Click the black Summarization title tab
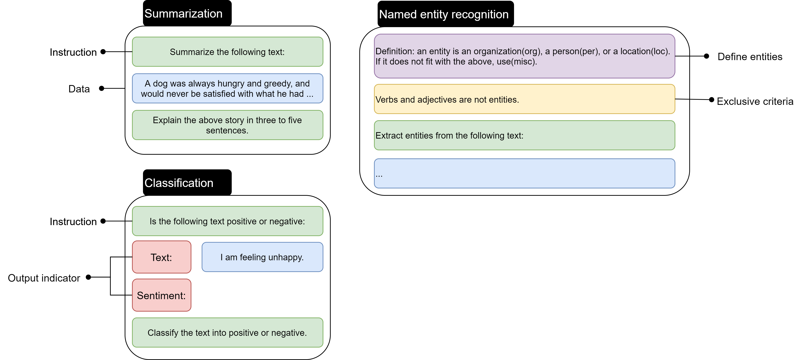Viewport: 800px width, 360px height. (x=187, y=13)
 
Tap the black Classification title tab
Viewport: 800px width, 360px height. (x=187, y=183)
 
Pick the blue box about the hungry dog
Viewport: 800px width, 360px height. (x=227, y=89)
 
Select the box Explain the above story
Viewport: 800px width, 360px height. (x=227, y=125)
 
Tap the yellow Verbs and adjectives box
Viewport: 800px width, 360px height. (x=524, y=99)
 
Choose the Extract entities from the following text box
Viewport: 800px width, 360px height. (x=524, y=135)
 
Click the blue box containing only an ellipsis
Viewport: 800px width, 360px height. (x=524, y=174)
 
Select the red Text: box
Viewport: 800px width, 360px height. (x=162, y=257)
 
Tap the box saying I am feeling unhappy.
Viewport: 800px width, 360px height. (x=262, y=257)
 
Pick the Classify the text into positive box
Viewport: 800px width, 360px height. (x=227, y=333)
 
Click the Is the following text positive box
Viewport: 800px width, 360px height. (x=227, y=221)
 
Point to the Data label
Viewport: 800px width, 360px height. (x=79, y=89)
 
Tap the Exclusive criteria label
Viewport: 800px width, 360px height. (x=755, y=101)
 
